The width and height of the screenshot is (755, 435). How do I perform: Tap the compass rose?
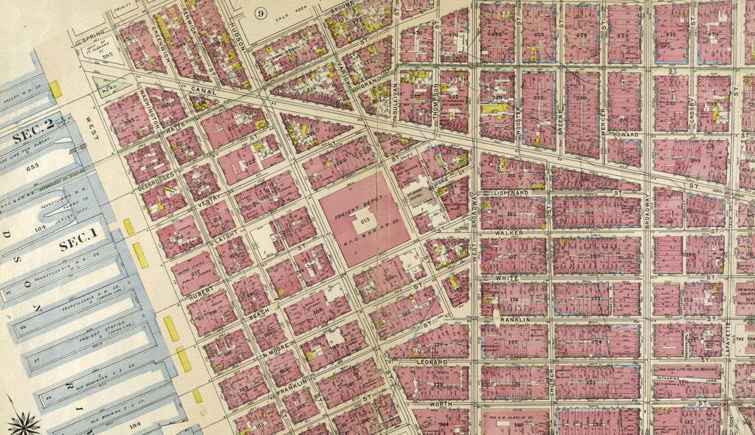click(x=24, y=422)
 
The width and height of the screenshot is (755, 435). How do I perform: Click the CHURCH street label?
click(x=552, y=385)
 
